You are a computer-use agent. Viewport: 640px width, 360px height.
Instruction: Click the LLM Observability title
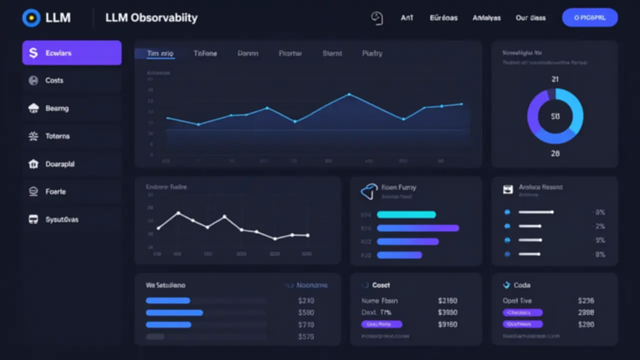tap(151, 18)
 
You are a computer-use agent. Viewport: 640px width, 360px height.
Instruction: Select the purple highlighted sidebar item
tap(71, 53)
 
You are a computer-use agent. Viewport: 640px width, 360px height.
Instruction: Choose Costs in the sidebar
tap(54, 80)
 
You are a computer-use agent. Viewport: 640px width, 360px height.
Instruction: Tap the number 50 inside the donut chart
tap(555, 116)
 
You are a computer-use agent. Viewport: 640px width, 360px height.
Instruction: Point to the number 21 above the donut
tap(555, 79)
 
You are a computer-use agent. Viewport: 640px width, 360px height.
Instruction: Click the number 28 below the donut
tap(555, 154)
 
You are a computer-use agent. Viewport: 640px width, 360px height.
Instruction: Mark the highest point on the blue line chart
tap(349, 94)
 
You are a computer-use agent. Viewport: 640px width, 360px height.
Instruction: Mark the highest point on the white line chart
tap(178, 213)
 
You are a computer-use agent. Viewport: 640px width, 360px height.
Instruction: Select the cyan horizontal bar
tap(406, 215)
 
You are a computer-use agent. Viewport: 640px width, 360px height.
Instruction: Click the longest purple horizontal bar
tap(417, 228)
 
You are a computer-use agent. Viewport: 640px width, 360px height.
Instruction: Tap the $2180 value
tap(447, 301)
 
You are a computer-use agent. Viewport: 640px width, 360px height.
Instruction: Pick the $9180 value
tap(447, 324)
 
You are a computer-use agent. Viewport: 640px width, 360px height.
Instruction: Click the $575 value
tap(305, 336)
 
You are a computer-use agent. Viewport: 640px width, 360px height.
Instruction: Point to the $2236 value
tap(585, 301)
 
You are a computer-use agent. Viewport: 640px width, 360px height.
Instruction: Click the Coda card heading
tap(521, 285)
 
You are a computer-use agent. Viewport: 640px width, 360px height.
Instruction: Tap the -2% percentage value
tap(599, 226)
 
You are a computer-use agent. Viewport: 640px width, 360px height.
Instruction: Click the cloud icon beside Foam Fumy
tap(368, 191)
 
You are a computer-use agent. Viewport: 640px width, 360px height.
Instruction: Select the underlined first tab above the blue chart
tap(160, 53)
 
